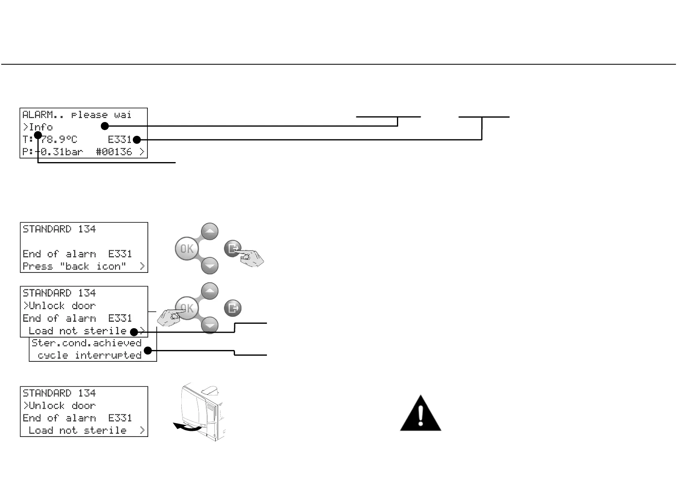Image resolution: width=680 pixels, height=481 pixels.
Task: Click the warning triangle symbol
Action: tap(420, 413)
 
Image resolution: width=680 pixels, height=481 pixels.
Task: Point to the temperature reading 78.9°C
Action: tap(59, 140)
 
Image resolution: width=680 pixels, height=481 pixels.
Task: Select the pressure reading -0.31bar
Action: tap(61, 152)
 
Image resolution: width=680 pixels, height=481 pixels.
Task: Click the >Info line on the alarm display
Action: tap(38, 127)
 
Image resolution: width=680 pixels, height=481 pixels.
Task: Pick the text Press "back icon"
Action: tap(74, 266)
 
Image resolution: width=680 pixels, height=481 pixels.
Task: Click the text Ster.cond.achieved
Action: tap(86, 343)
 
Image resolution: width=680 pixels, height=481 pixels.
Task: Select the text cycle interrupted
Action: tap(89, 355)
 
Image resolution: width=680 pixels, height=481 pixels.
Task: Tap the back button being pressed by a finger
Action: tap(233, 248)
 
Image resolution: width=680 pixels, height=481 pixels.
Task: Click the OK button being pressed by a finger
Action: tap(187, 308)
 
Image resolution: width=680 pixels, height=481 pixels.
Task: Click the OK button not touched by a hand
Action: tap(187, 248)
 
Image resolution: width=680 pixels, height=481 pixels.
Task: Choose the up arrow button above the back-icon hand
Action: tap(210, 232)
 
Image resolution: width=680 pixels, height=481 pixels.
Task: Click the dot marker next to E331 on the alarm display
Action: tap(136, 140)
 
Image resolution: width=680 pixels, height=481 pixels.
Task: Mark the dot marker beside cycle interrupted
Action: tap(148, 350)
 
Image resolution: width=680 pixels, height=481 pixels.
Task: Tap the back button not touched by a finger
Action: tap(233, 308)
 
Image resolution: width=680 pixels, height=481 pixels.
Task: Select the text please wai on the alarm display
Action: tap(101, 115)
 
